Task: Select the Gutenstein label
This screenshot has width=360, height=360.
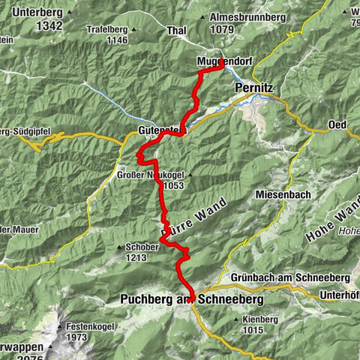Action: click(x=161, y=130)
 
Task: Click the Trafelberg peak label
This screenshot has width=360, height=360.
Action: click(x=106, y=30)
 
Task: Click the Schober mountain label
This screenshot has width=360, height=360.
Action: click(x=135, y=247)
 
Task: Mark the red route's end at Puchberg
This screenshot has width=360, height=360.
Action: click(x=191, y=298)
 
